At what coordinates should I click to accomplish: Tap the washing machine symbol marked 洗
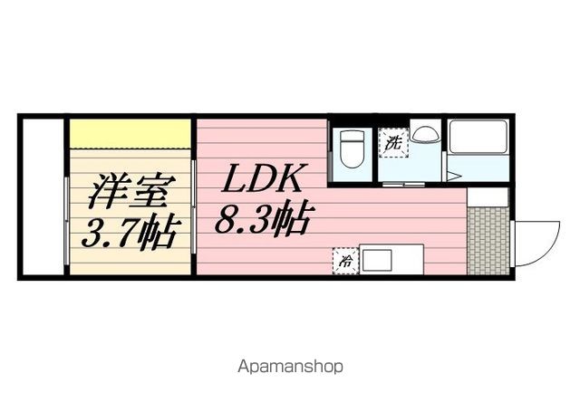[392, 142]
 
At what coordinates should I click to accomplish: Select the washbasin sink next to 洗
[424, 133]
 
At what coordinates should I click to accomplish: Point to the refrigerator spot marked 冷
[345, 260]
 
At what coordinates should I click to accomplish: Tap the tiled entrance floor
[487, 240]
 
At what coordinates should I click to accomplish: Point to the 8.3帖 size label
[263, 219]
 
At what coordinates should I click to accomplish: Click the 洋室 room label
[130, 192]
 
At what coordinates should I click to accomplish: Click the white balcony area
[43, 195]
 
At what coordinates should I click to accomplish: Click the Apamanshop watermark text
[290, 368]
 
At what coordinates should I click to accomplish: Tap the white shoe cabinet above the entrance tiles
[488, 197]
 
